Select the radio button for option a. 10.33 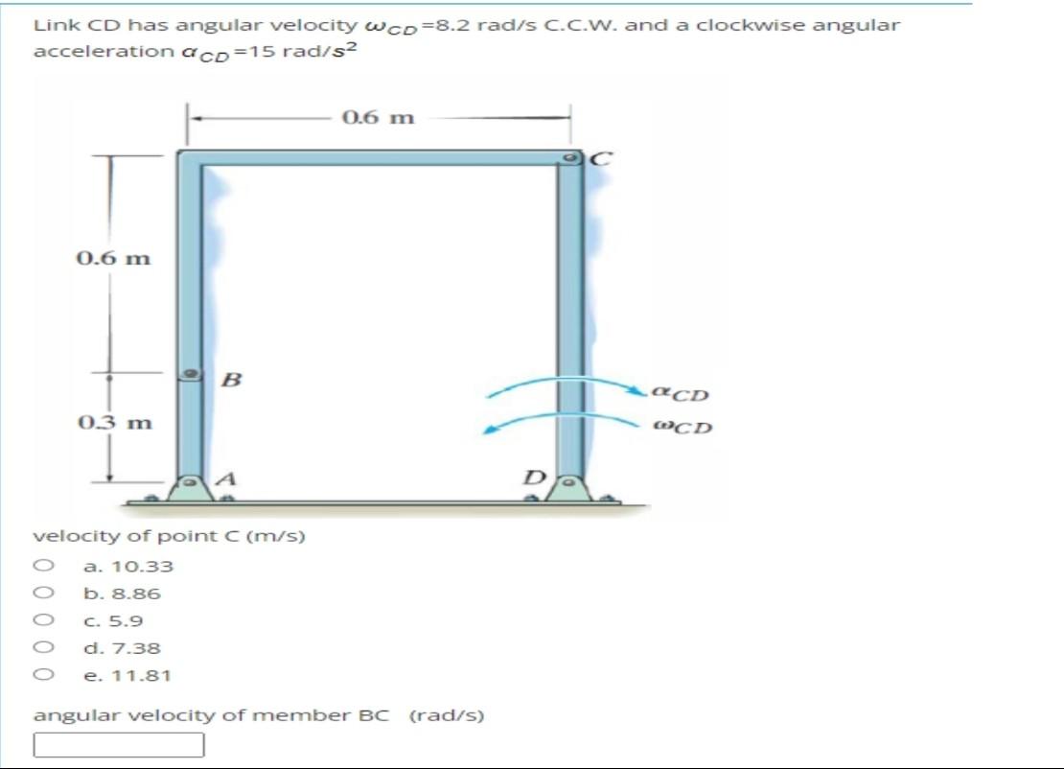[x=42, y=566]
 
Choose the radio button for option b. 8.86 [x=42, y=593]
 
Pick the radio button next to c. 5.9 [x=42, y=620]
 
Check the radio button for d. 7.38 [x=42, y=647]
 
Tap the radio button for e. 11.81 [x=42, y=675]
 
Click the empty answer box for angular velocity [x=119, y=744]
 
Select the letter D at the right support [x=537, y=477]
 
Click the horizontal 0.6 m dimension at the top [x=378, y=118]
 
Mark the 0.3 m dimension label [x=113, y=422]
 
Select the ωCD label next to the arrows [x=682, y=427]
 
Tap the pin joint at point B [x=192, y=373]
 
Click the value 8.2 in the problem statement [x=451, y=25]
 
